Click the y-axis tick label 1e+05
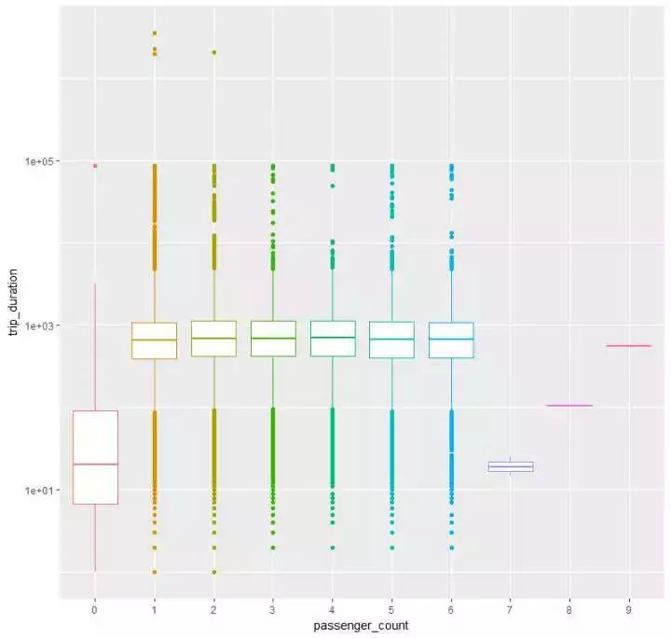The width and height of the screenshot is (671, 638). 41,161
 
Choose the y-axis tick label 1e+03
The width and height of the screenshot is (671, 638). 41,326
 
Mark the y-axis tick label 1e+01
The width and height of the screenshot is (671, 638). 41,491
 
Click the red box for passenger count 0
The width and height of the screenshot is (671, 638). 95,438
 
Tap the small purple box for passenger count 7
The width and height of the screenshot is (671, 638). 510,466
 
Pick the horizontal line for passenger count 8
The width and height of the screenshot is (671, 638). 569,406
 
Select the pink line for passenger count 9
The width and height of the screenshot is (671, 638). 629,346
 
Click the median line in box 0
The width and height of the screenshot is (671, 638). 95,464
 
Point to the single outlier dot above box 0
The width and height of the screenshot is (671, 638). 95,166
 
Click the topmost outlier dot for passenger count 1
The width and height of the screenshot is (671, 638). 155,34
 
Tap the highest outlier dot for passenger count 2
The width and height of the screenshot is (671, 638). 214,53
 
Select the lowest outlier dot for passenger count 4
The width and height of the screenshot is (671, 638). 333,548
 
